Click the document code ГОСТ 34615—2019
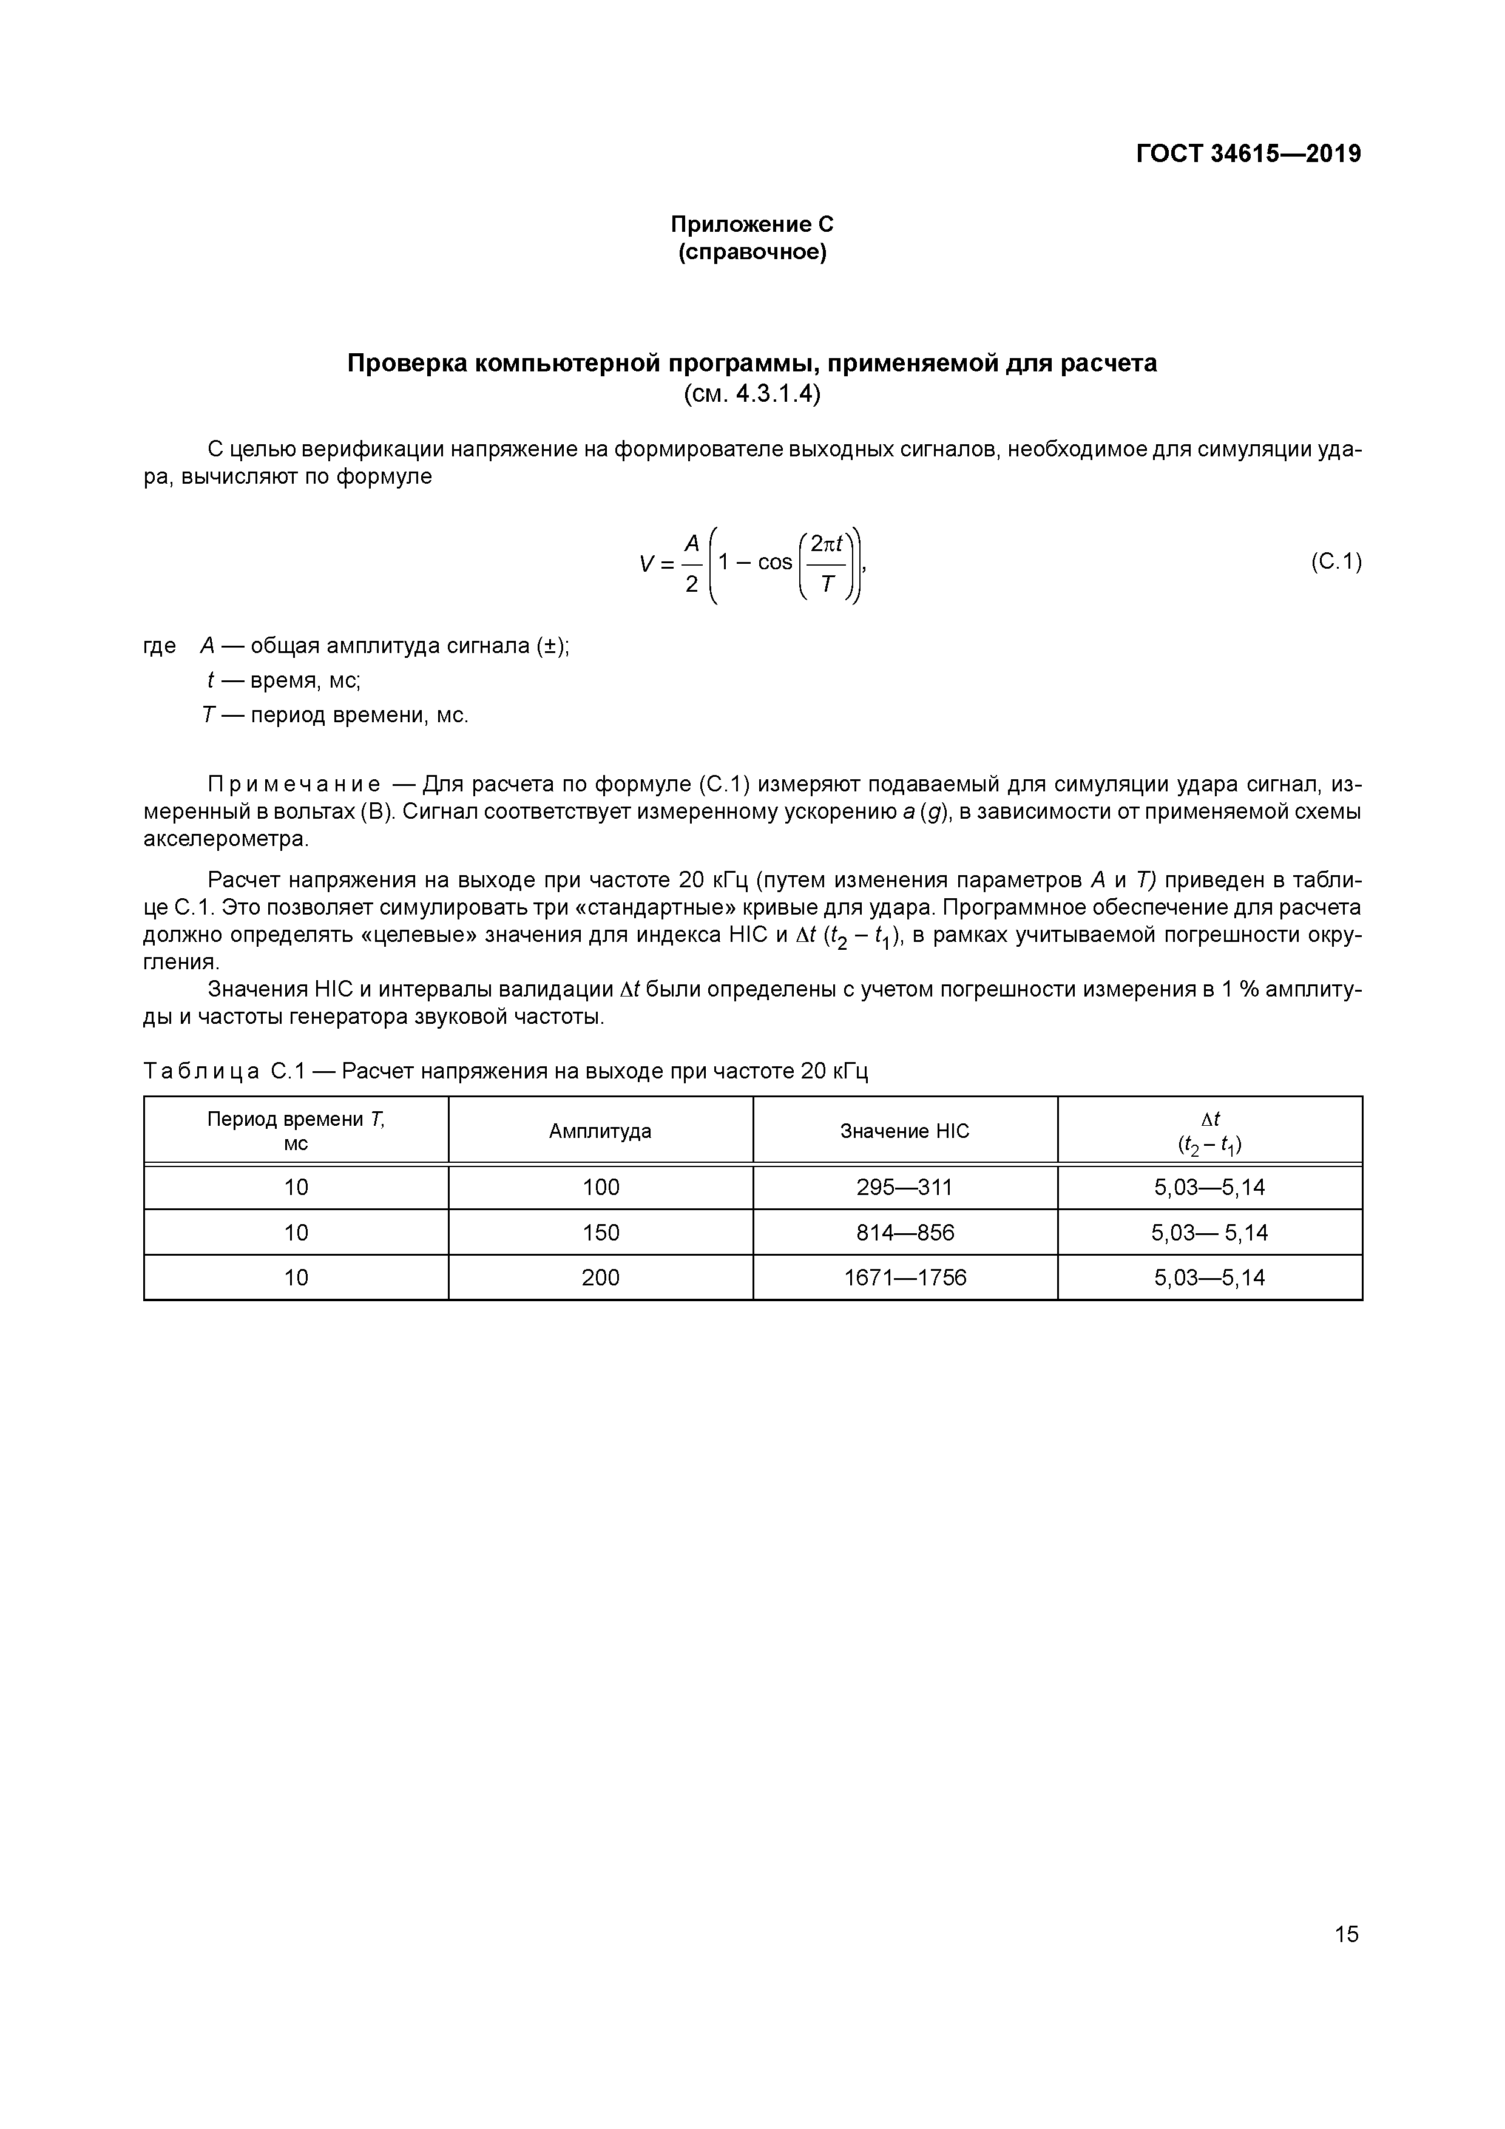point(1248,154)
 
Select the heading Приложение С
point(752,225)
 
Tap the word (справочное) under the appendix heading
point(752,252)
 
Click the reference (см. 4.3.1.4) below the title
point(752,394)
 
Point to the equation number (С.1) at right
point(1335,562)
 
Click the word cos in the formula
point(774,563)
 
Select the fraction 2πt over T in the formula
point(827,563)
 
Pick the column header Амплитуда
point(600,1131)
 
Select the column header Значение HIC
point(904,1131)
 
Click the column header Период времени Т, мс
point(296,1131)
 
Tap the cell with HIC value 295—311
point(904,1188)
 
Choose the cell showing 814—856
point(904,1233)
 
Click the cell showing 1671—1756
point(904,1278)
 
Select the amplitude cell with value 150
point(600,1233)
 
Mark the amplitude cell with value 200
point(600,1278)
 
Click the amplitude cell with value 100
point(600,1188)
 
